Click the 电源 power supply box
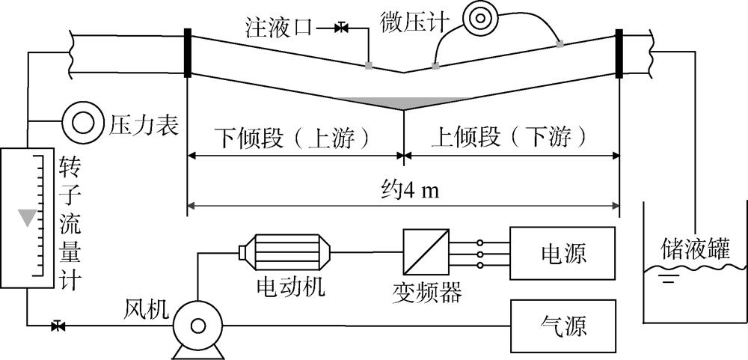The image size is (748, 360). (x=564, y=254)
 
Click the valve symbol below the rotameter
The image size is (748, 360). (x=57, y=326)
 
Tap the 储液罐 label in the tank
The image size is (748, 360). (x=695, y=248)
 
